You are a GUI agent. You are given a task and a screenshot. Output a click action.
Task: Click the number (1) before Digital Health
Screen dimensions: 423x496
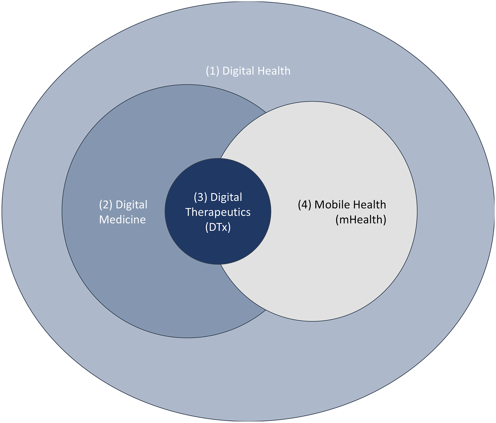tap(212, 71)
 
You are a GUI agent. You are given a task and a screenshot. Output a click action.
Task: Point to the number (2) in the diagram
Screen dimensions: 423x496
tap(106, 205)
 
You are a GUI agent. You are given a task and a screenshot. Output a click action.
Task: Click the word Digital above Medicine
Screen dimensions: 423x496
tap(131, 205)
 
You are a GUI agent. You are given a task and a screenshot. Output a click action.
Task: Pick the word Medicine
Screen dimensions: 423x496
tap(122, 220)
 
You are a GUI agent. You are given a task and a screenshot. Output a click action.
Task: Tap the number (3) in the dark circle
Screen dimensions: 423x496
tap(200, 197)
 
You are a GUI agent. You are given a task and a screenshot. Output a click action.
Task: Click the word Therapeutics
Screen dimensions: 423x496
tap(218, 212)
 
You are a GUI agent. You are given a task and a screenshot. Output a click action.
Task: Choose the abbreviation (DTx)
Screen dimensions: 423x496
tap(218, 227)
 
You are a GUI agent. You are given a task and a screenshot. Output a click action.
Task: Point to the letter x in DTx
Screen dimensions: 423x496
tap(225, 227)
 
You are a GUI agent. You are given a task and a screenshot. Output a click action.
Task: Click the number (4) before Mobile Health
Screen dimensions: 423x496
tap(305, 205)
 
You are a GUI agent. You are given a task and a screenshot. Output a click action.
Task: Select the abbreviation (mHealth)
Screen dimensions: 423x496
tap(361, 220)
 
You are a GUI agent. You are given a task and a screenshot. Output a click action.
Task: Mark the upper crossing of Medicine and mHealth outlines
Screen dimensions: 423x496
tap(266, 112)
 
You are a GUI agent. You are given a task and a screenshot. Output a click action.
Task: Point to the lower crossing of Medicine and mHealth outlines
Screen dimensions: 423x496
tap(266, 310)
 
